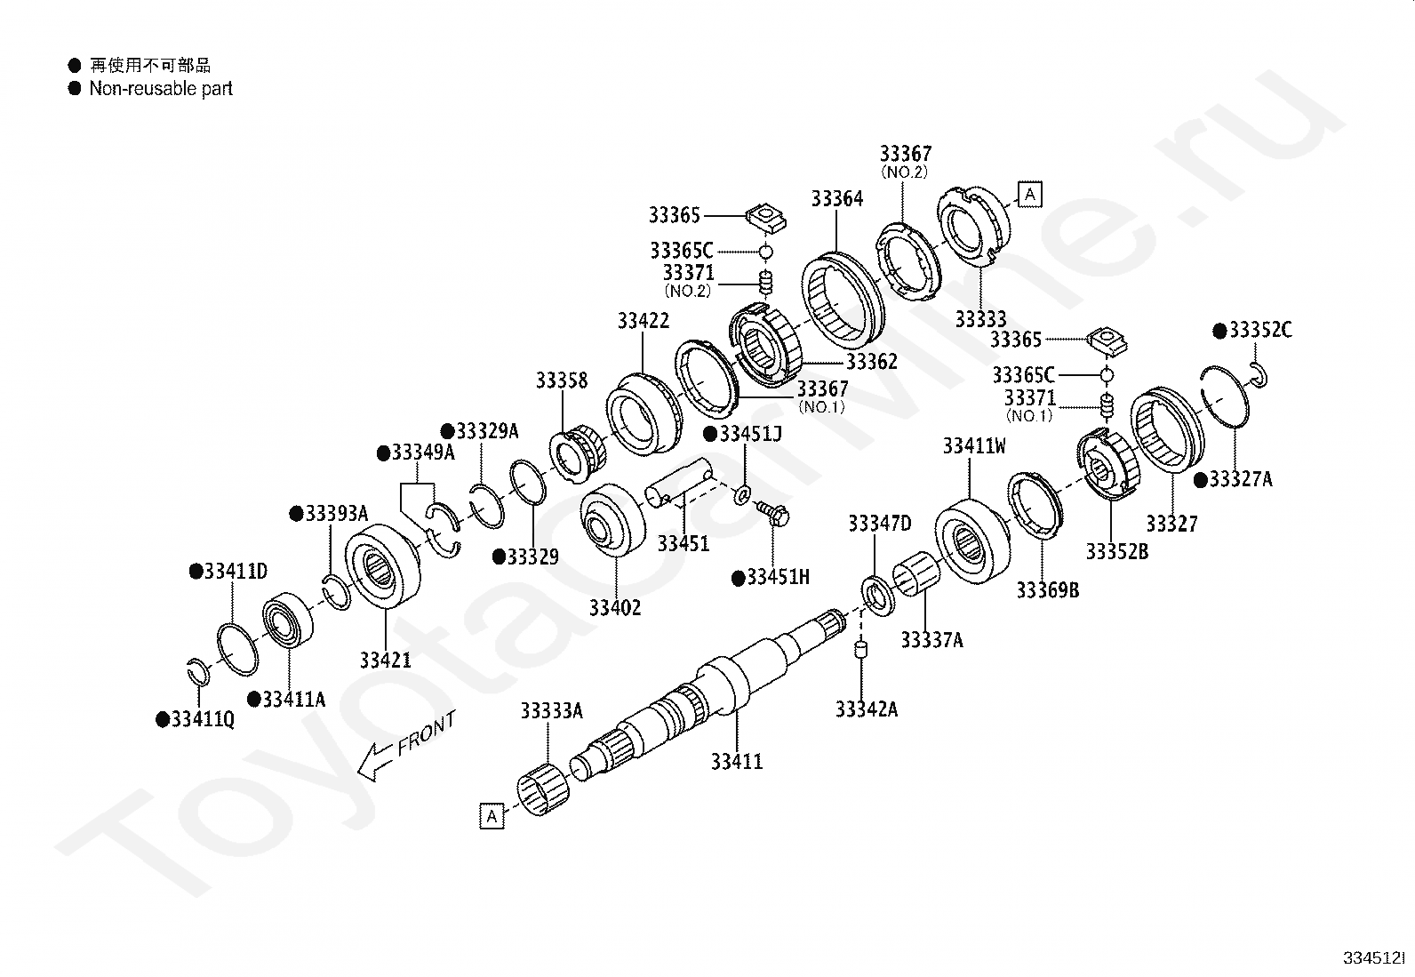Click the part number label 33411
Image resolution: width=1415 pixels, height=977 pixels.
pos(737,762)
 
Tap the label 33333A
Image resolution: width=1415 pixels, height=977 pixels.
pos(551,710)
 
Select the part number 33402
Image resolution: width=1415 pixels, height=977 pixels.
pos(614,608)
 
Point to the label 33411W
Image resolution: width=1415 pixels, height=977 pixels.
pos(974,446)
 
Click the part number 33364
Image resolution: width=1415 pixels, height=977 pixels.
pos(836,198)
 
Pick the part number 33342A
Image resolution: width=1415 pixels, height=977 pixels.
pos(866,709)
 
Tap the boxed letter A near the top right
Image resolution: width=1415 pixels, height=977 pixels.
pos(1029,194)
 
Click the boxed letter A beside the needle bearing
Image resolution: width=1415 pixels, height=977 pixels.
pos(492,815)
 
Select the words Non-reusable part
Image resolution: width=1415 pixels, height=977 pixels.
pos(161,88)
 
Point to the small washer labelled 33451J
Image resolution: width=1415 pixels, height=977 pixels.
pos(742,493)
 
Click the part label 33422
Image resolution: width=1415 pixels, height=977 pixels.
pos(644,321)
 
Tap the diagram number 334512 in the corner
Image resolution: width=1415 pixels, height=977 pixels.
pos(1374,959)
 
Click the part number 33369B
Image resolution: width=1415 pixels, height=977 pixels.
pos(1047,590)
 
